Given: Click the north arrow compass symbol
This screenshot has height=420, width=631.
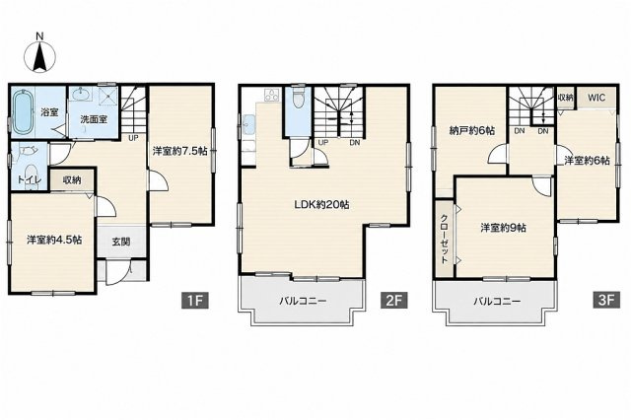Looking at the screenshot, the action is tap(39, 56).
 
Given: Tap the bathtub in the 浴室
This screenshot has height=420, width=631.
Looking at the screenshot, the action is tap(23, 111).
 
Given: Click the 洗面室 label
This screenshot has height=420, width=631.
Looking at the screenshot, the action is tap(94, 119).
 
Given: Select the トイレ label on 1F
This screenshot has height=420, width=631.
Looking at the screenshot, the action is tap(29, 179).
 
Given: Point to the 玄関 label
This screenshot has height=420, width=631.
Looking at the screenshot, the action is tap(120, 243).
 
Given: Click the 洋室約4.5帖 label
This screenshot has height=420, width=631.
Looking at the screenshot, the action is tap(54, 240).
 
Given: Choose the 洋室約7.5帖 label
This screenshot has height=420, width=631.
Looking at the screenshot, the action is tap(179, 151).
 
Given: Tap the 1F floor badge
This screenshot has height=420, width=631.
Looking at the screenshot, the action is tap(195, 301).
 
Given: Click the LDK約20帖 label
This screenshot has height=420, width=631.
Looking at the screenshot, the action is tap(321, 204).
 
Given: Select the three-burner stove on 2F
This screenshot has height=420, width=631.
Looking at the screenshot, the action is tap(271, 95).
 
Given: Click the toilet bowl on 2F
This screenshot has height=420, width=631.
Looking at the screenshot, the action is tap(298, 100).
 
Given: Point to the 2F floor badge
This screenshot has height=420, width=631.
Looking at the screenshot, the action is tap(394, 301).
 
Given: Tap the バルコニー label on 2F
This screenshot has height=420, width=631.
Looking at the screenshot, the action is tap(303, 301).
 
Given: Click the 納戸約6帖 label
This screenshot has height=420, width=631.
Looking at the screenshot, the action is tap(472, 131).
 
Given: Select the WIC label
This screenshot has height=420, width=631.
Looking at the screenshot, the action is tap(596, 98).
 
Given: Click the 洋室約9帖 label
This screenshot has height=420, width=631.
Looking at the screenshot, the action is tap(503, 228).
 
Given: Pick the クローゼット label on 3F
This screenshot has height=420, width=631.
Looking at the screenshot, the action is tap(444, 239).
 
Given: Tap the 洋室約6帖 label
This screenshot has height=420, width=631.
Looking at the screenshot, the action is tap(587, 160).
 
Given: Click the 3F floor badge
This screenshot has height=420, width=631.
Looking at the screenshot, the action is tap(606, 301).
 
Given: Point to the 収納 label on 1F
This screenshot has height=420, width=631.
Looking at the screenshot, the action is tap(72, 180).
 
